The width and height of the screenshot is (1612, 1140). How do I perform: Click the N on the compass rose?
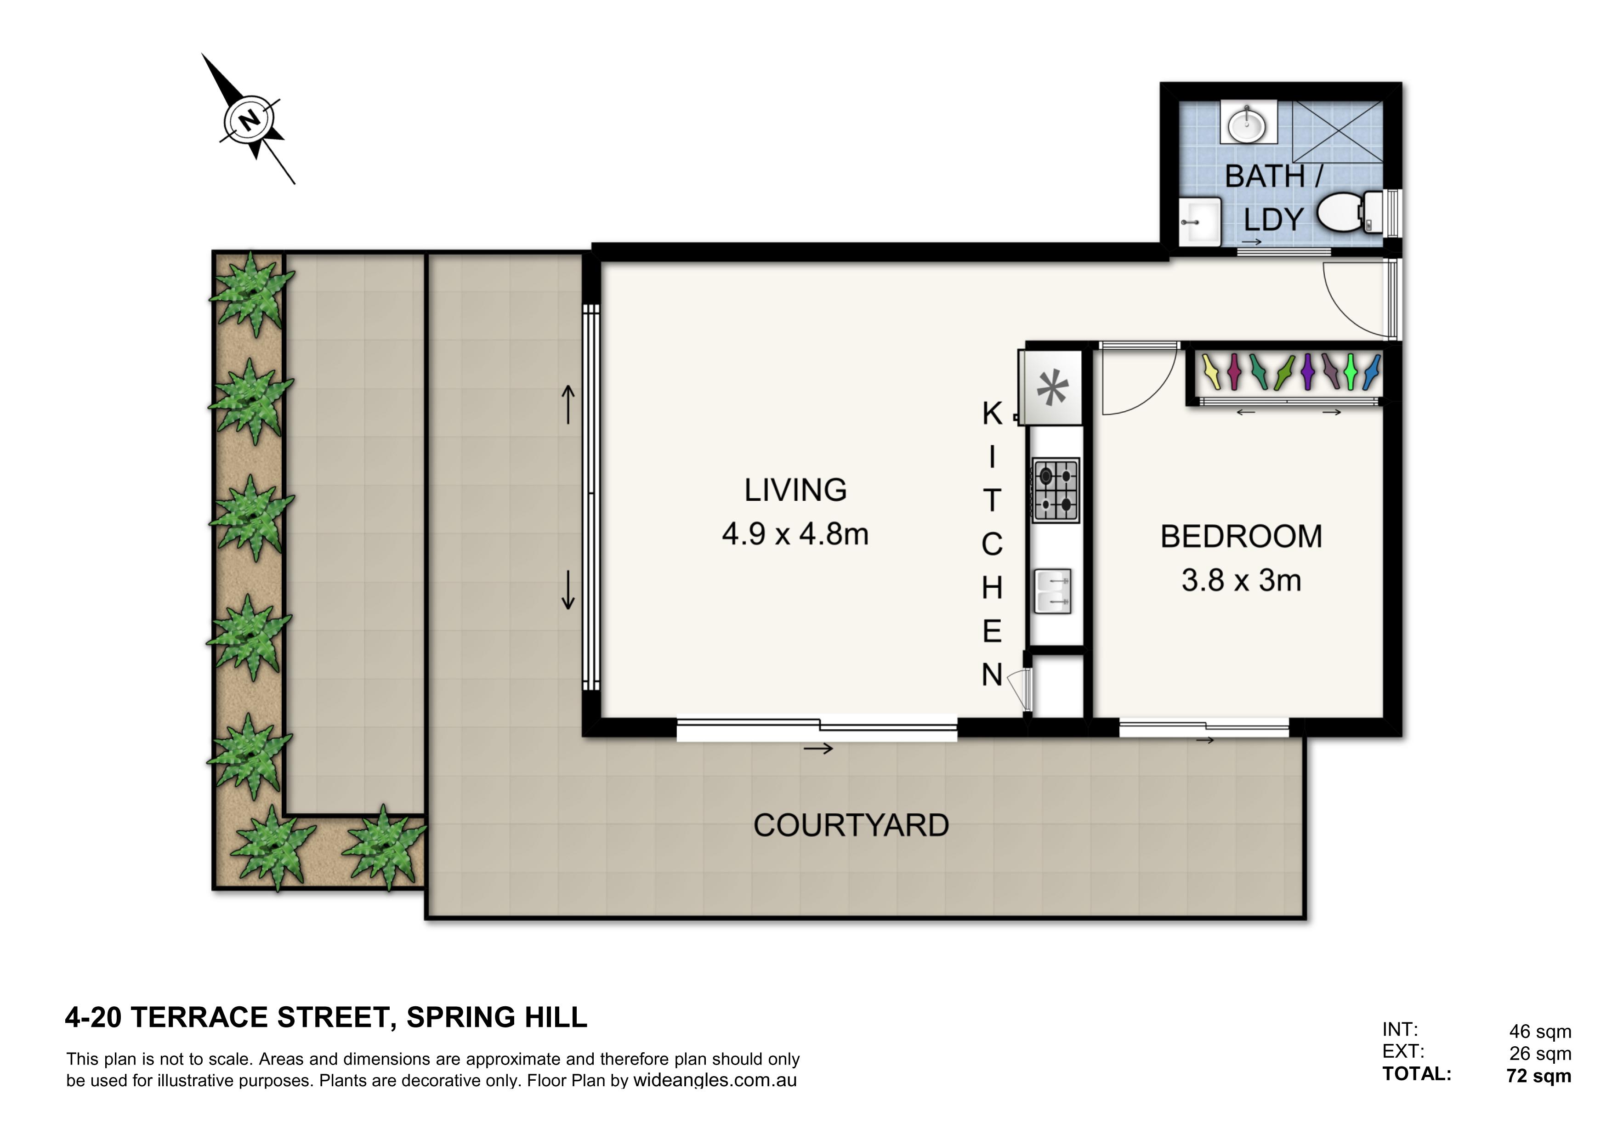[249, 121]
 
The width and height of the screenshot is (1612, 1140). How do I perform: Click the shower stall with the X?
[1338, 131]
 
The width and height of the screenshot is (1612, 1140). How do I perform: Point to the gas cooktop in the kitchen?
[1055, 489]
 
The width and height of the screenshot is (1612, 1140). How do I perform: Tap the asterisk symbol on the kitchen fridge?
[1052, 389]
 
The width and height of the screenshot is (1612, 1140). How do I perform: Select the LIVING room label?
[795, 490]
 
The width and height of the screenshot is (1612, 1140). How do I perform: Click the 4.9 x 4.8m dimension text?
[795, 534]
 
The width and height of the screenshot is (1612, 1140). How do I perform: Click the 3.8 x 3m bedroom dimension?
[1241, 580]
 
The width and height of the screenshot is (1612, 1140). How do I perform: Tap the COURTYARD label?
[851, 826]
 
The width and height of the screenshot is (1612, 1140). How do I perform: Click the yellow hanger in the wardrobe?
[1211, 373]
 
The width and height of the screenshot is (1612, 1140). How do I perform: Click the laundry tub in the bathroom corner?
[1200, 222]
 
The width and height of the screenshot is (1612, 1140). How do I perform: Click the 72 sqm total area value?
[1539, 1076]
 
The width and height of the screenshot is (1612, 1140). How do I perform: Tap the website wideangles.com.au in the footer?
[715, 1080]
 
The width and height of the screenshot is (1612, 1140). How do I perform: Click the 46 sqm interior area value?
[1540, 1032]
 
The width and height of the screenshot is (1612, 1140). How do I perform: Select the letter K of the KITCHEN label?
[991, 414]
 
